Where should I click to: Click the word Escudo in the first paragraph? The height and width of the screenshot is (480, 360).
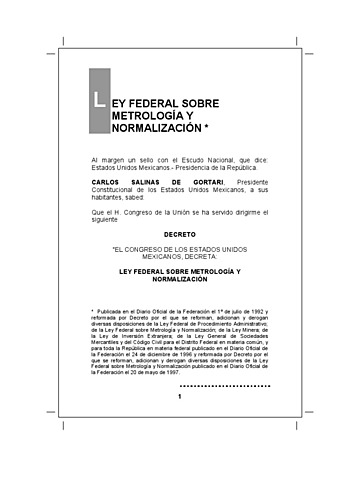coord(194,159)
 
